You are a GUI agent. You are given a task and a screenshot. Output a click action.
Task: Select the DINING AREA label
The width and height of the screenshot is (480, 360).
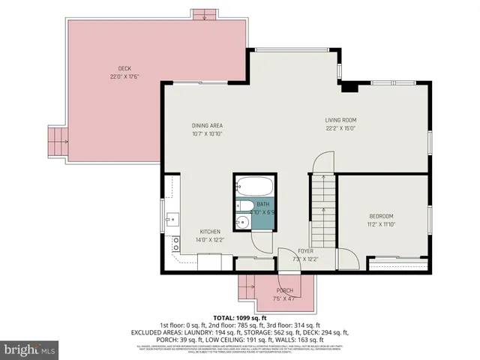pos(207,126)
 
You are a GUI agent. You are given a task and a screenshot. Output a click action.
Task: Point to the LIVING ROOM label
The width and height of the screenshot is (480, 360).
pos(340,120)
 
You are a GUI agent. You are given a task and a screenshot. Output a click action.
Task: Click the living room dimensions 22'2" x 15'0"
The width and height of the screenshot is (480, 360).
pos(340,127)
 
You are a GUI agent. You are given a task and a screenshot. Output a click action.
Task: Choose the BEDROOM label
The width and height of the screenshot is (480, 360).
pos(381,216)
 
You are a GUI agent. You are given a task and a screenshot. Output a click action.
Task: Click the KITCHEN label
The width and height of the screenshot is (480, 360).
pos(210,232)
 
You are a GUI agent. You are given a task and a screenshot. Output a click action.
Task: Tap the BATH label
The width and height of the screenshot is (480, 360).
pos(262,204)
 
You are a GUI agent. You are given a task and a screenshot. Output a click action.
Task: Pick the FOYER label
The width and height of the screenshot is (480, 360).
pos(305,251)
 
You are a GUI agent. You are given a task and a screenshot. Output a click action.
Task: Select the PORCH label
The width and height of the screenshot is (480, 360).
pos(285,291)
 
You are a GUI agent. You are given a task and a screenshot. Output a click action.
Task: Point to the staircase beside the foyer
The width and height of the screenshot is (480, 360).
pos(324,211)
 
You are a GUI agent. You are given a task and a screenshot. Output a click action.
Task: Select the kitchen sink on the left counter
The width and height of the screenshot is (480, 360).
pos(172,220)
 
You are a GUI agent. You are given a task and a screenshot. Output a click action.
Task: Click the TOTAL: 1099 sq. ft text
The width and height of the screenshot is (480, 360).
pos(239,318)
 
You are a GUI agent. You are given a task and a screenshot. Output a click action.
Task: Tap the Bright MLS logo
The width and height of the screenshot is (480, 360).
pos(30,349)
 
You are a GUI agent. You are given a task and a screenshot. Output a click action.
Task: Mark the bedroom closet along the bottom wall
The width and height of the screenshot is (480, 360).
pos(398,262)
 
